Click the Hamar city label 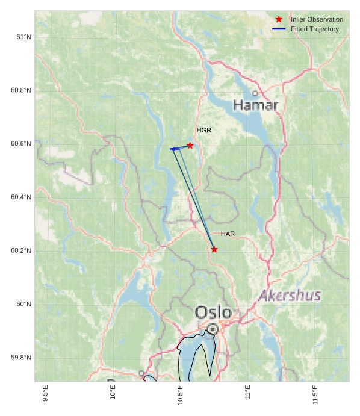pos(255,105)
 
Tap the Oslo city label pos(213,312)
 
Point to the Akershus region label pos(290,296)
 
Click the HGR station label pos(203,130)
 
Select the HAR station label pos(228,234)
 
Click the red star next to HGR pos(190,146)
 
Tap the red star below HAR pos(214,249)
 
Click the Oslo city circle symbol pos(213,329)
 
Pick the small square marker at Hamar pos(255,93)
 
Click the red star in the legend pos(279,19)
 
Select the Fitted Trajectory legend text pos(314,29)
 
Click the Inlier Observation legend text pos(317,19)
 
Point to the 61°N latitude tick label pos(24,37)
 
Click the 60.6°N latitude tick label pos(21,144)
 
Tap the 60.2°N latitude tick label pos(21,251)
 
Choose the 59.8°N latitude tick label pos(21,358)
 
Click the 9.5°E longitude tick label pos(46,394)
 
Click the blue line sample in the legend pos(279,29)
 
